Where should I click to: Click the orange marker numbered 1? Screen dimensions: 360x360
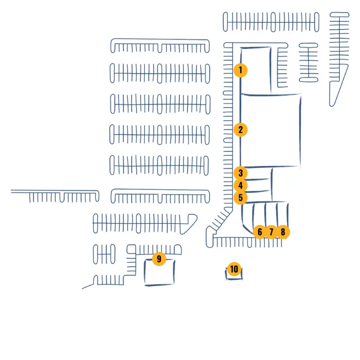(x=241, y=70)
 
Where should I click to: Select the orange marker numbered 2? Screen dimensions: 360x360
(x=241, y=130)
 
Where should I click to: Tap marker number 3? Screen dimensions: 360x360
(x=241, y=173)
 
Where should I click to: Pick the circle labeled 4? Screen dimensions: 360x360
(x=241, y=185)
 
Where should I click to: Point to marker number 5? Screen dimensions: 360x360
(x=241, y=197)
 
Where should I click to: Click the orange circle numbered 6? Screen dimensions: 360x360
(x=259, y=232)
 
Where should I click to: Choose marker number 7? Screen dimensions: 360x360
(x=271, y=232)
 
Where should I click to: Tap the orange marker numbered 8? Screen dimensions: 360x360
(x=283, y=232)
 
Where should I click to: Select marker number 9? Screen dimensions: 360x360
(x=159, y=259)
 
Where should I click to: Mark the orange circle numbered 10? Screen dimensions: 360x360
(x=234, y=269)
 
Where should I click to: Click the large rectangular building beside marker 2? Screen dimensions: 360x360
(x=270, y=130)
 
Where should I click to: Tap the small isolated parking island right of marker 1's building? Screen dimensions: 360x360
(x=308, y=62)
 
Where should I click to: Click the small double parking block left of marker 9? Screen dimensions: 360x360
(x=104, y=254)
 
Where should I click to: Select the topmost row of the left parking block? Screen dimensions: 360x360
(x=160, y=46)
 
